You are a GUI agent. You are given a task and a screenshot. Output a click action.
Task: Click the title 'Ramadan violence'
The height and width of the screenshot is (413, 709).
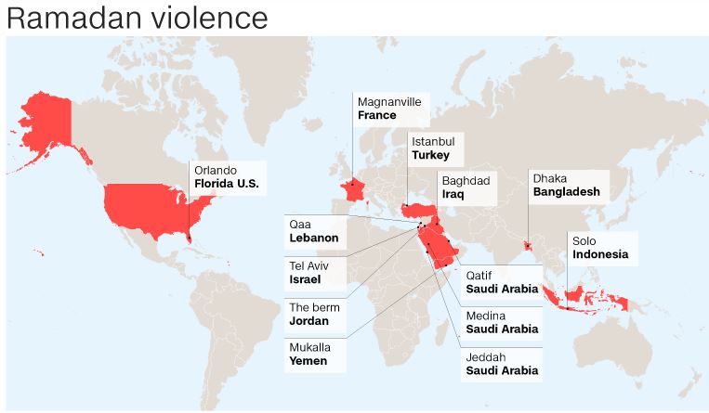coord(137,18)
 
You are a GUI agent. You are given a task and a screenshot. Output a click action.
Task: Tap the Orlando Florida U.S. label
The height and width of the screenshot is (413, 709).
coord(226,177)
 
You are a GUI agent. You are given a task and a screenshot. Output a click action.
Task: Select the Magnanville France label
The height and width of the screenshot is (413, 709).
coord(391,109)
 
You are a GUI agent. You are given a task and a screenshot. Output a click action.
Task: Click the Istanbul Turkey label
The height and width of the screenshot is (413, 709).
coord(436,148)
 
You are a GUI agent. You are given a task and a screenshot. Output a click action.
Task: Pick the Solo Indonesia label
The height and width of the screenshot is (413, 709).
coord(600,247)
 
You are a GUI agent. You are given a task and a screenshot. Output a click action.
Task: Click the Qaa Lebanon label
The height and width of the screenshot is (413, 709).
coord(315,231)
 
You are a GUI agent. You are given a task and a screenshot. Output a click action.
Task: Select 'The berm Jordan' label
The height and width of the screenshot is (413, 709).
coord(315,314)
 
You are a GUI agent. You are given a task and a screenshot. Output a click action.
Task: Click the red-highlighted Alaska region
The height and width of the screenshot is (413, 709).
coord(46,121)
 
